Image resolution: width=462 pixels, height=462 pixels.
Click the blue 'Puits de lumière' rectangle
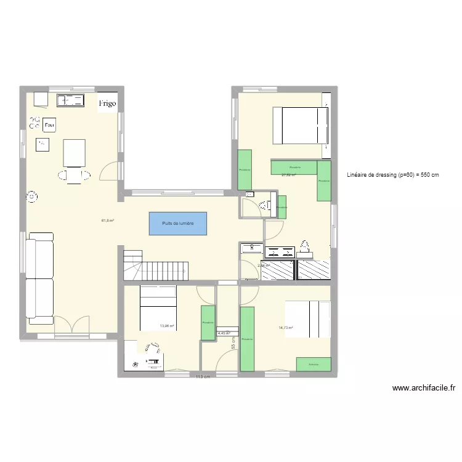click(177, 223)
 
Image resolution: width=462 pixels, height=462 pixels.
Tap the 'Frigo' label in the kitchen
click(107, 103)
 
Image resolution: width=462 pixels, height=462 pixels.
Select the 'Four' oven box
click(49, 126)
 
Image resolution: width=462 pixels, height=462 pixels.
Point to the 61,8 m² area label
click(108, 220)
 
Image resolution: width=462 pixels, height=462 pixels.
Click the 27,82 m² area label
click(288, 176)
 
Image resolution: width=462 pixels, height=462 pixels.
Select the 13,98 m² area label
click(166, 326)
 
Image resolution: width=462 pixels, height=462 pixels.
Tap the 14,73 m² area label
click(285, 328)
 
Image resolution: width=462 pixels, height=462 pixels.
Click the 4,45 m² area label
click(223, 334)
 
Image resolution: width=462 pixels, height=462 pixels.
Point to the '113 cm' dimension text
click(203, 377)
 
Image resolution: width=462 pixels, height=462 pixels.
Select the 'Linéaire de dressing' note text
click(393, 175)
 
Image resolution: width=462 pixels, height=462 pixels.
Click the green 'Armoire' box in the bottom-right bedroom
click(312, 365)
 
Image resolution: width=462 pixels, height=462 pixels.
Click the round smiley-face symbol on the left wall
click(31, 197)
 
